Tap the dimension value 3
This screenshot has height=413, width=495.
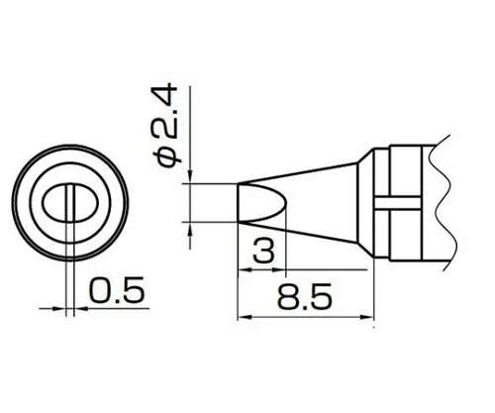pyautogui.click(x=261, y=251)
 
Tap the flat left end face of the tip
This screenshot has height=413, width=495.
pyautogui.click(x=240, y=205)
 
